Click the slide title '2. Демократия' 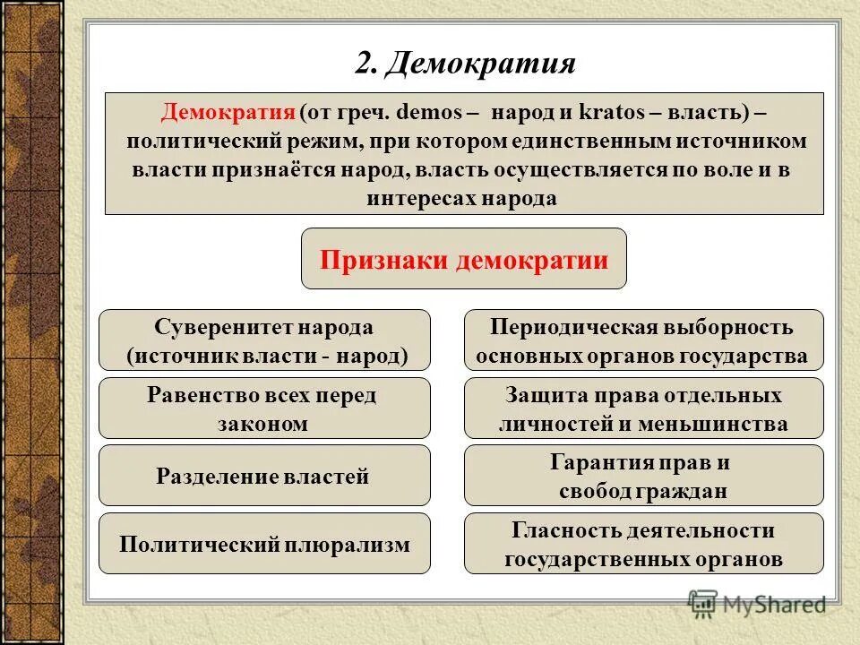pos(464,64)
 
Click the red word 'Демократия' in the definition pos(228,114)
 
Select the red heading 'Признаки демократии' pos(464,260)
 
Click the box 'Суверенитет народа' pos(264,340)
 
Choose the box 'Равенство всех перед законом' pos(264,408)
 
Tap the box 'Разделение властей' pos(264,476)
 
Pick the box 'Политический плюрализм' pos(264,544)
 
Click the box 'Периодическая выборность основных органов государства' pos(643,340)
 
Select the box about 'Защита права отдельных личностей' pos(643,408)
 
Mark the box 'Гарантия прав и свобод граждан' pos(643,476)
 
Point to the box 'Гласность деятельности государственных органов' pos(643,544)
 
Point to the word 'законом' pos(262,423)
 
